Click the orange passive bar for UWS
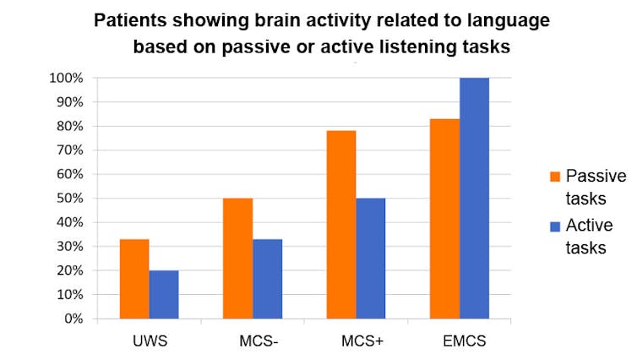tap(134, 280)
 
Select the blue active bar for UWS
tap(164, 295)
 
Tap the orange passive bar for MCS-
tap(237, 259)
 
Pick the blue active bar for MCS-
tap(267, 280)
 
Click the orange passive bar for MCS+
tap(341, 225)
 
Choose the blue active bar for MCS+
tap(371, 259)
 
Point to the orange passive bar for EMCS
tap(444, 219)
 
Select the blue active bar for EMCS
tap(474, 199)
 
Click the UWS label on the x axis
tap(149, 341)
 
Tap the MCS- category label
tap(252, 341)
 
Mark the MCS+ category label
tap(356, 341)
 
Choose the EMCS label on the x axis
tap(459, 341)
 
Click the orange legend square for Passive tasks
tap(555, 177)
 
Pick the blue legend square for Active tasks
tap(555, 226)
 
